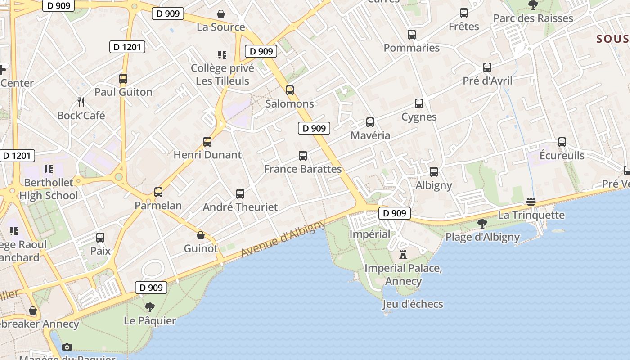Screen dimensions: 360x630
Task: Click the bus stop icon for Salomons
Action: (290, 90)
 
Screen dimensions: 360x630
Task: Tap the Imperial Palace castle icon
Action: (403, 255)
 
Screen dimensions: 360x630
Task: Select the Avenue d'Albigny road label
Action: (283, 238)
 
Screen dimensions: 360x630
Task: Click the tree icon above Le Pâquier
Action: (150, 307)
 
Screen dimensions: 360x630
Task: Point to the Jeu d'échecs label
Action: (413, 304)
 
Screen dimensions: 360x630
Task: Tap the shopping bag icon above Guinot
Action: (201, 235)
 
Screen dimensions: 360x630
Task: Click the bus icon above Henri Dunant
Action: (207, 142)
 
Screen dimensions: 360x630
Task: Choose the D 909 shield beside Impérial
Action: (395, 213)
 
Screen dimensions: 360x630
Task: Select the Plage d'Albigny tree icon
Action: (482, 223)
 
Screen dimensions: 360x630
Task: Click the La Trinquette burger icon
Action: (531, 201)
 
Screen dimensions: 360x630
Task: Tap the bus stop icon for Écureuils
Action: (562, 142)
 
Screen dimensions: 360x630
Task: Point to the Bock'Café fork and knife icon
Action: (81, 102)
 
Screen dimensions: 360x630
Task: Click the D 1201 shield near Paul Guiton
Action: (127, 47)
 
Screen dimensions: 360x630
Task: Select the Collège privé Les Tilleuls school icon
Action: (222, 55)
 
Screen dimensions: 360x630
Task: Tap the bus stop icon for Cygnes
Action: (419, 103)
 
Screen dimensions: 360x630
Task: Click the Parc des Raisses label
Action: (533, 18)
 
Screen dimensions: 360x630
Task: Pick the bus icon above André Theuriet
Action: (240, 194)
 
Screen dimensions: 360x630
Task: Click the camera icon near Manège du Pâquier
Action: (67, 347)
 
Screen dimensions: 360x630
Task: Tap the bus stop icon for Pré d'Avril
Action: (487, 67)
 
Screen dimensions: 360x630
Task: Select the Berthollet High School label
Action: (49, 189)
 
